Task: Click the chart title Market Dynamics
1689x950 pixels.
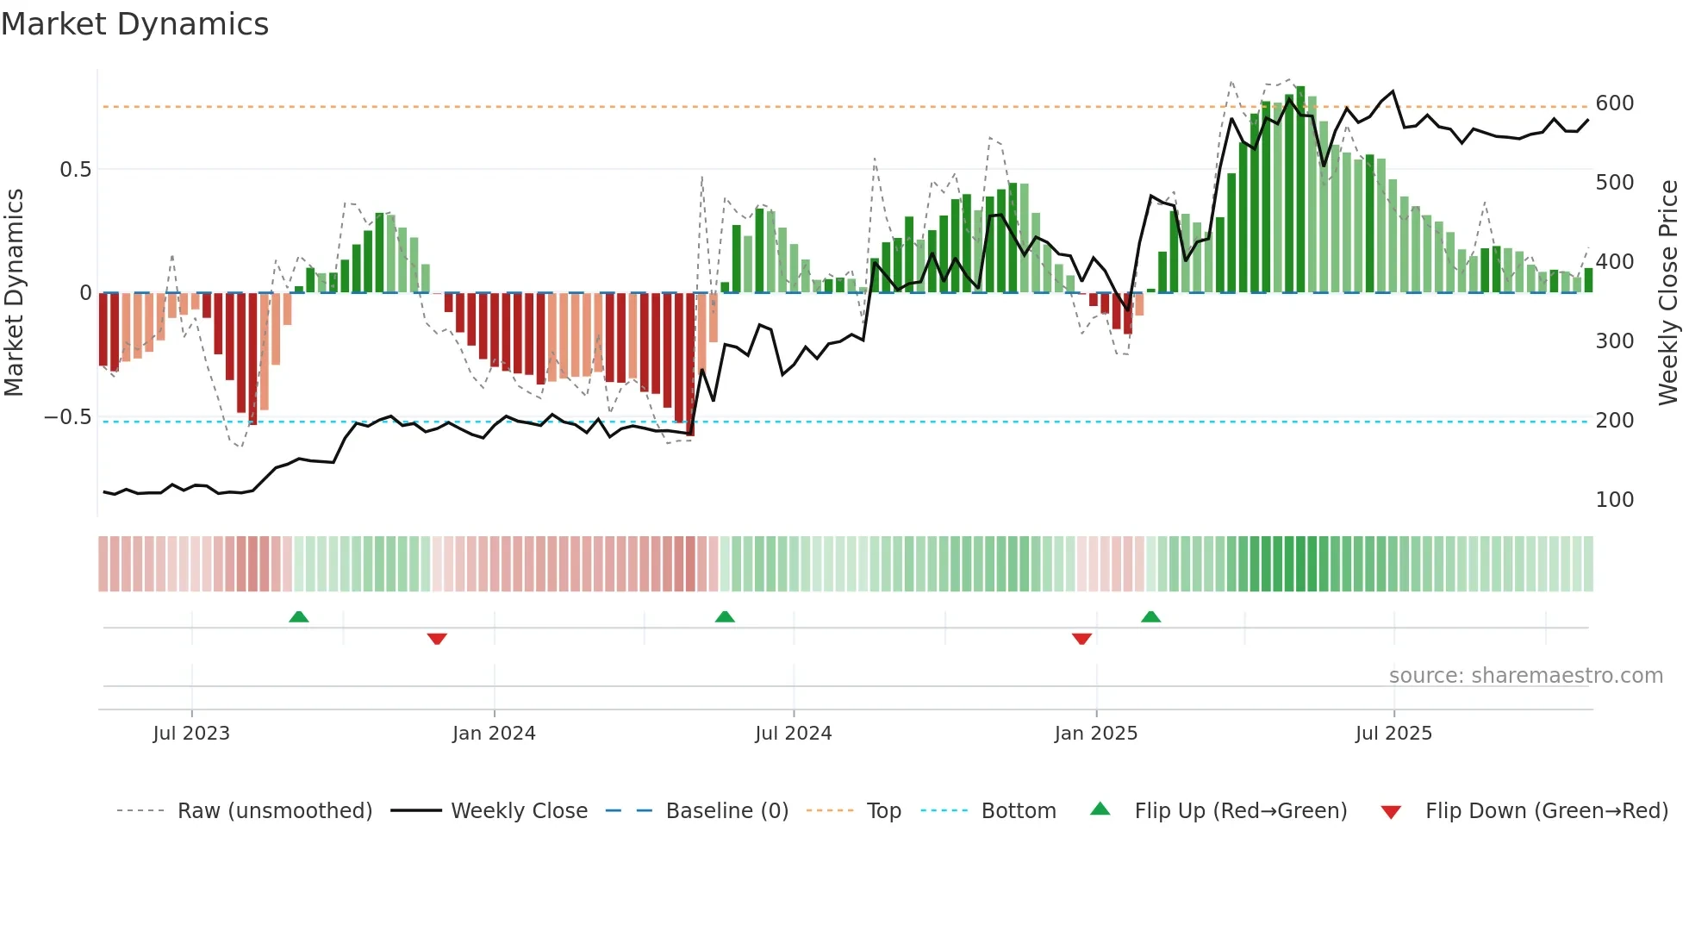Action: click(134, 24)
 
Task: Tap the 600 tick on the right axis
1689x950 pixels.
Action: click(1614, 103)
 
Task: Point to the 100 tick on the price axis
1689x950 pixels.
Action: click(1614, 500)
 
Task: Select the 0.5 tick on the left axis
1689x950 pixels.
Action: click(76, 170)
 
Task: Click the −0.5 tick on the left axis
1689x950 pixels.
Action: click(68, 417)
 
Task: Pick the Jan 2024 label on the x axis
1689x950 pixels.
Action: click(494, 734)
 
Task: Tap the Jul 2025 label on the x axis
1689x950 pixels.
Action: click(1393, 734)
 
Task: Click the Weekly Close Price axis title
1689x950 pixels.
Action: click(1668, 293)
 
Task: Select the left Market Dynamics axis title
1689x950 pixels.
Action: click(14, 293)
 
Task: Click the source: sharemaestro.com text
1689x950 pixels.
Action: click(1525, 676)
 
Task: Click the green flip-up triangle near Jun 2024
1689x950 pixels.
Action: click(725, 617)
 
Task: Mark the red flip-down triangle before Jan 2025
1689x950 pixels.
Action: click(1081, 639)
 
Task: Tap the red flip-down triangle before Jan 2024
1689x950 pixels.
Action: click(437, 639)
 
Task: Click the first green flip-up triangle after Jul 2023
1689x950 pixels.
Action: click(299, 617)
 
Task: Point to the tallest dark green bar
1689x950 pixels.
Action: click(1300, 190)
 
